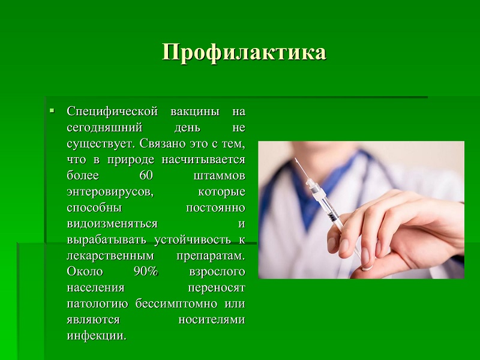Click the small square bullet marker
52,110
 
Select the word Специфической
112,112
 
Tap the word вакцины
194,112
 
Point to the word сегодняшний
104,128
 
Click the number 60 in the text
146,175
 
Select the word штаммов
219,176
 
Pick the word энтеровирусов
110,192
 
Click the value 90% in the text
146,272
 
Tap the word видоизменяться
112,224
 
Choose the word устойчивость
192,239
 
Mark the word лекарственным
110,256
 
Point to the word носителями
212,320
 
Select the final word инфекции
97,336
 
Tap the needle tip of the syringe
295,158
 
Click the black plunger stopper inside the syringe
332,217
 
